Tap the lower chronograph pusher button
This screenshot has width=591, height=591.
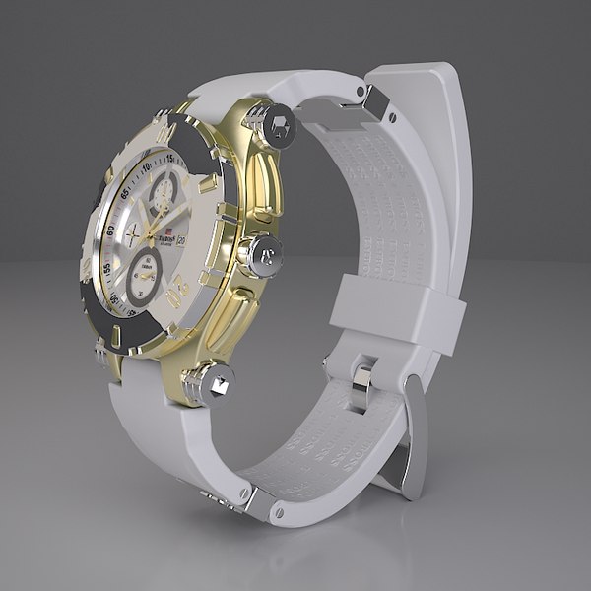coord(214,382)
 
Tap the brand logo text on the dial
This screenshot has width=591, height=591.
coord(162,236)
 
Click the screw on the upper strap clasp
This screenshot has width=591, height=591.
coord(392,117)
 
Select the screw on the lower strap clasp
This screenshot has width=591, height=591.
coord(278,513)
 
